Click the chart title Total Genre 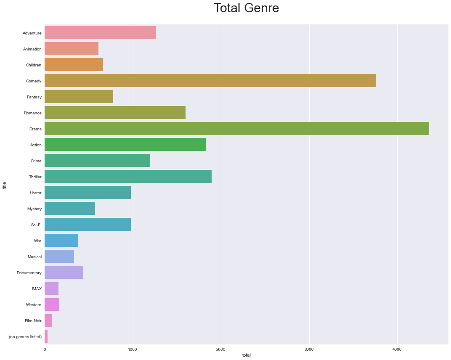pyautogui.click(x=246, y=8)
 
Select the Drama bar pyautogui.click(x=236, y=129)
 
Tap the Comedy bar pyautogui.click(x=210, y=81)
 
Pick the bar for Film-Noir pyautogui.click(x=48, y=320)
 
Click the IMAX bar pyautogui.click(x=51, y=289)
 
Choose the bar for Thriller pyautogui.click(x=128, y=177)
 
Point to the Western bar pyautogui.click(x=52, y=304)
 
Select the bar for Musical pyautogui.click(x=59, y=257)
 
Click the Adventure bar pyautogui.click(x=100, y=33)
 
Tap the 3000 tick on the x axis pyautogui.click(x=309, y=349)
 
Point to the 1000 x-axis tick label pyautogui.click(x=133, y=349)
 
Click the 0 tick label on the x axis pyautogui.click(x=45, y=349)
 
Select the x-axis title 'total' pyautogui.click(x=247, y=355)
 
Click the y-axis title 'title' pyautogui.click(x=5, y=185)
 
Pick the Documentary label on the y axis pyautogui.click(x=29, y=273)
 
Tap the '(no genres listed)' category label pyautogui.click(x=25, y=337)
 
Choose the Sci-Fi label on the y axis pyautogui.click(x=36, y=225)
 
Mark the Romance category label pyautogui.click(x=33, y=113)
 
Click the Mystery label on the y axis pyautogui.click(x=34, y=209)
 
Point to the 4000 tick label pyautogui.click(x=397, y=349)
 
